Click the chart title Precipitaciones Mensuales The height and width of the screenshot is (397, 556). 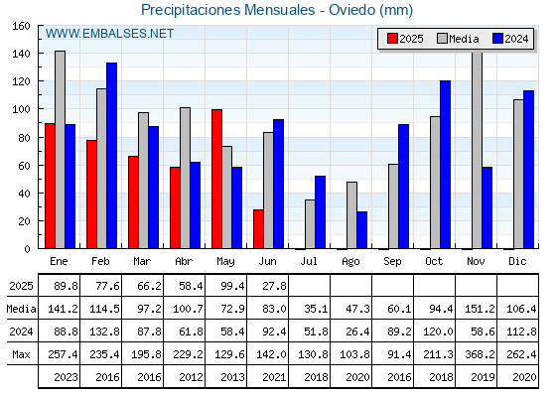pos(228,10)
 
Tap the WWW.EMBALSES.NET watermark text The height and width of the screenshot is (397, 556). pos(109,34)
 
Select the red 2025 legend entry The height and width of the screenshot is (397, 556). pos(405,39)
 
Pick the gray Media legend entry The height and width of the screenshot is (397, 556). pos(458,39)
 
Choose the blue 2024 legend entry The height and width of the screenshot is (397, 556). pos(510,39)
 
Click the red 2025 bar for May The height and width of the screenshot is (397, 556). pos(217,179)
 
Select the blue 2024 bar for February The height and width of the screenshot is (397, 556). pos(111,156)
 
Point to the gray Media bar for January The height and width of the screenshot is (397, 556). pos(60,150)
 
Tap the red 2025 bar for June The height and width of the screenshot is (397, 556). pos(258,229)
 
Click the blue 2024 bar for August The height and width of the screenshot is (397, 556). pos(362,230)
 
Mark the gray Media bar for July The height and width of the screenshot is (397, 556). pos(310,224)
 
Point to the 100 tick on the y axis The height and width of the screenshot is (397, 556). pos(21,109)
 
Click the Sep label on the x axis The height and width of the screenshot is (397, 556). pos(392,262)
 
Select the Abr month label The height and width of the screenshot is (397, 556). pos(184,262)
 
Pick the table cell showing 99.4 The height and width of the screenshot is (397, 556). pos(232,286)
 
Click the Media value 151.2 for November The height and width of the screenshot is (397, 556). pos(480,309)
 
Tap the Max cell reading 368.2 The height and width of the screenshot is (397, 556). pos(480,354)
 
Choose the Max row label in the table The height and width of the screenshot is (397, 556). pos(21,354)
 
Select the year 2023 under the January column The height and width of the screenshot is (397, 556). pos(66,377)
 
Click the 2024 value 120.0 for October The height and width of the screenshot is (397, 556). pos(438,331)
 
